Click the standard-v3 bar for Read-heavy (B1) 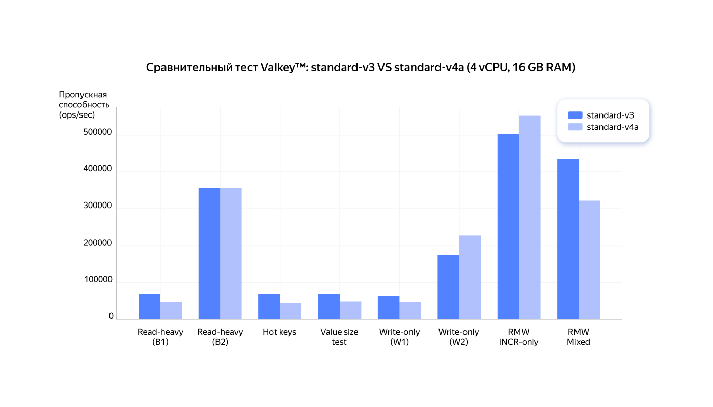(x=149, y=306)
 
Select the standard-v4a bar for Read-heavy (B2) (x=231, y=253)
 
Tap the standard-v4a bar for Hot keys (x=291, y=311)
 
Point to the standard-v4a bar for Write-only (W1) (x=410, y=310)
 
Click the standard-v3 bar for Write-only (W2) (x=448, y=287)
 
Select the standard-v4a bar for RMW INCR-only (x=530, y=217)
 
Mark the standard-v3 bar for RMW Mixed (x=568, y=239)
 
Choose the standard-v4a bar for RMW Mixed (x=590, y=259)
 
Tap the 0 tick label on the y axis (x=111, y=316)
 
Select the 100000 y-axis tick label (x=97, y=280)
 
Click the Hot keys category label (x=280, y=332)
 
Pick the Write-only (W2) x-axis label (x=458, y=337)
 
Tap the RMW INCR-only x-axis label (x=518, y=337)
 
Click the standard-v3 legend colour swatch (x=575, y=115)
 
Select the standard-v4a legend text (x=612, y=127)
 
